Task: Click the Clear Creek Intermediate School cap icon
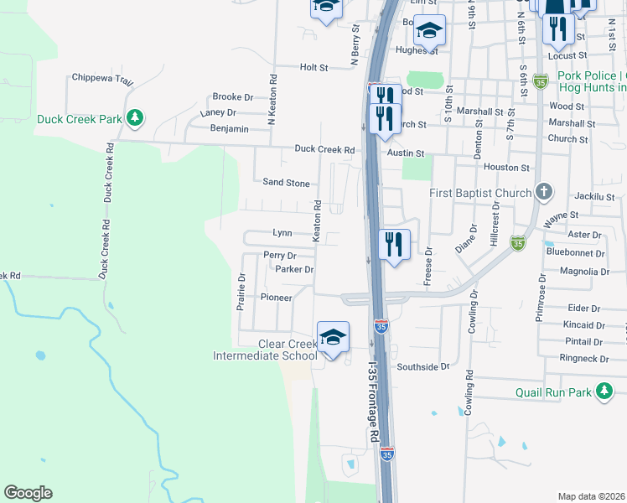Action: pos(333,337)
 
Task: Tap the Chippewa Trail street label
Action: pos(102,79)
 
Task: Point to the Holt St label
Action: pos(313,66)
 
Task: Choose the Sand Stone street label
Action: pos(286,182)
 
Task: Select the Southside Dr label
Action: pos(423,366)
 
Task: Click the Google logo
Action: pos(28,493)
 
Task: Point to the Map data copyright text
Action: pos(592,496)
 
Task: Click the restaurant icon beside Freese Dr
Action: pos(394,244)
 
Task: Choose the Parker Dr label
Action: pos(294,269)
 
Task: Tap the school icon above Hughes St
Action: pos(429,30)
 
